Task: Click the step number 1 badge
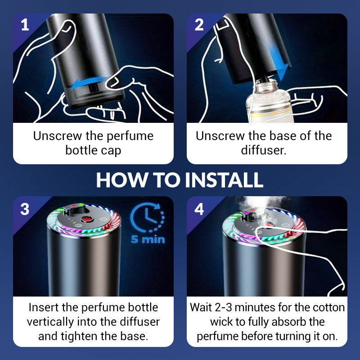coord(25,25)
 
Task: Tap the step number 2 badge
coord(199,25)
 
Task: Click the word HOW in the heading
coord(118,180)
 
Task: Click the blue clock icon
coord(147,219)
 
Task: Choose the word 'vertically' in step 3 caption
coord(50,322)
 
